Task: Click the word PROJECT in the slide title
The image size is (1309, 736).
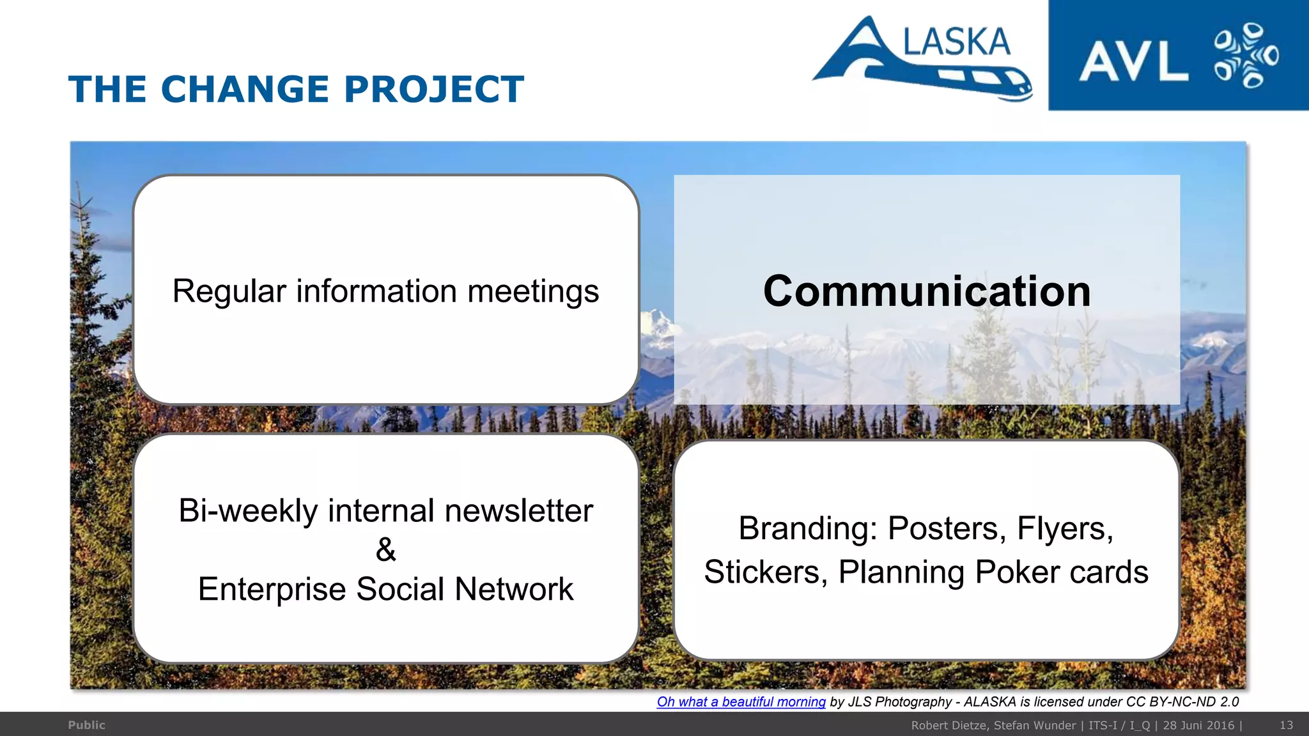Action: pos(434,89)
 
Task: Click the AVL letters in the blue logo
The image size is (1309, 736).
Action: pos(1133,62)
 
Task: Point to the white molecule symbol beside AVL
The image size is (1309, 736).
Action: pos(1246,56)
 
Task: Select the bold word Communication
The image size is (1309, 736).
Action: pos(927,291)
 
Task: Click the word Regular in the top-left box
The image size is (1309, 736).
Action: pos(229,291)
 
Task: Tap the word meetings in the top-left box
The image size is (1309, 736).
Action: pos(533,291)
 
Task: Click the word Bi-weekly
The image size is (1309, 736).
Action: pos(248,510)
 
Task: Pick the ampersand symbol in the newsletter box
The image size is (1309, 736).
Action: pos(385,549)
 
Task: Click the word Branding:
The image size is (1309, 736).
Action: pos(808,528)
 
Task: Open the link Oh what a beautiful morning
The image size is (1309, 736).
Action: pos(741,701)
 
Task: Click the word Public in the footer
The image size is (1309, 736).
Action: pos(86,725)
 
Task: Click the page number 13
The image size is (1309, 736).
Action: pos(1286,725)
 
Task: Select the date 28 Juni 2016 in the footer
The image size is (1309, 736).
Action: pos(1198,725)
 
